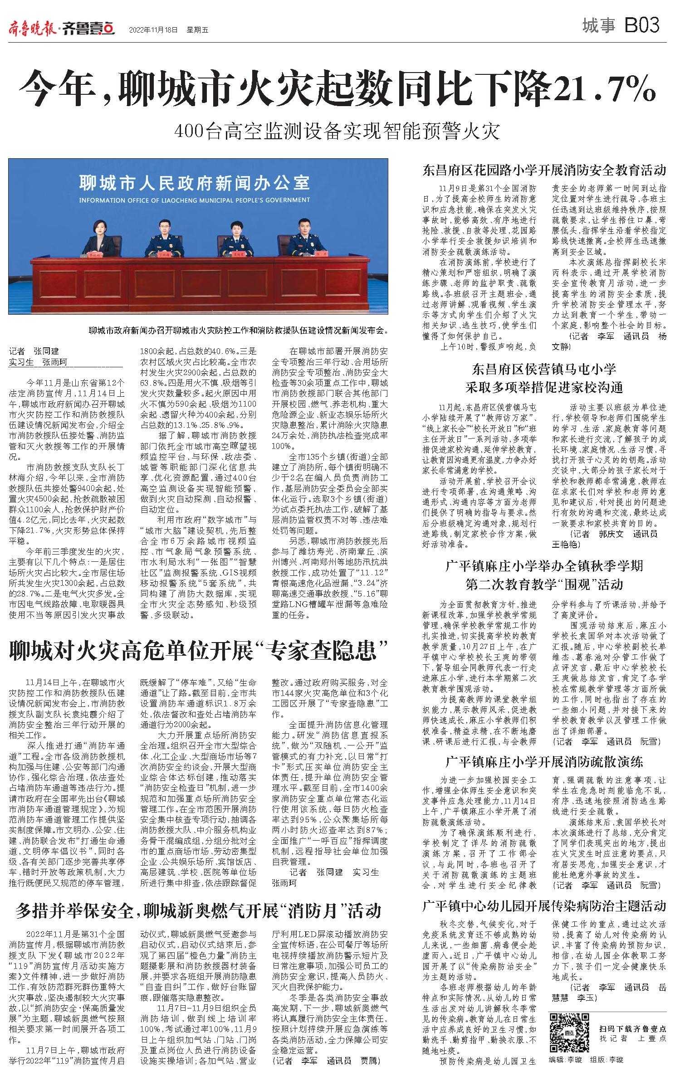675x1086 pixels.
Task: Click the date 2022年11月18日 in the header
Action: pos(153,30)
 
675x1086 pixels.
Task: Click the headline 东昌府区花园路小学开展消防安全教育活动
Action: pos(544,170)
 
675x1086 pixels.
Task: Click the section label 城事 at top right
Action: pos(599,26)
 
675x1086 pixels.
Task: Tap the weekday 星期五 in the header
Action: pos(197,30)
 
